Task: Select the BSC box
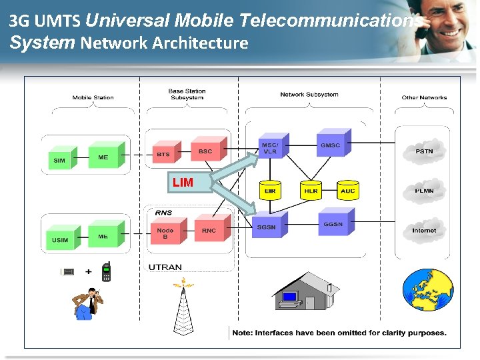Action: tap(205, 151)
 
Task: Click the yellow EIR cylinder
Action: tap(270, 190)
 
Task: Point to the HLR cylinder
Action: tap(311, 190)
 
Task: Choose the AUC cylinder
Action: tap(348, 190)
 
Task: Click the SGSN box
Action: tap(267, 227)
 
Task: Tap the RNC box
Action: tap(209, 230)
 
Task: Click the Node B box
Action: tap(165, 233)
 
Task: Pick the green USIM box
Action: tap(60, 238)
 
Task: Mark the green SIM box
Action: tap(60, 160)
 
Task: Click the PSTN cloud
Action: tap(424, 151)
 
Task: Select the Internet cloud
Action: tap(424, 230)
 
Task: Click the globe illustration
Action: tap(427, 290)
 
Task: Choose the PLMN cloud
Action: tap(424, 191)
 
